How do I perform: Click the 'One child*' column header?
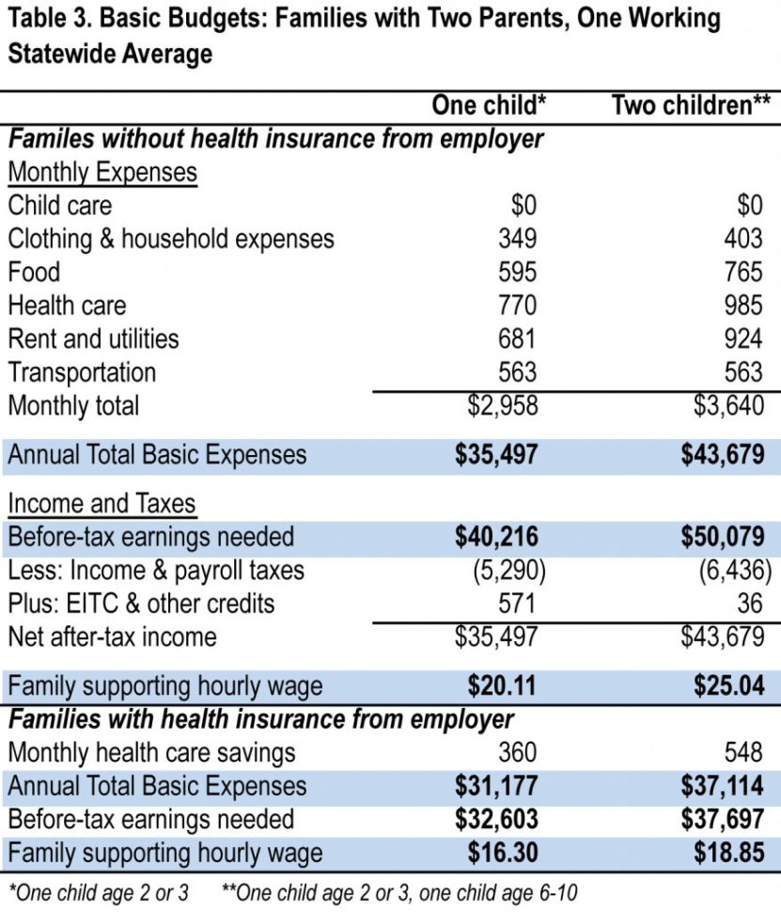[x=489, y=105]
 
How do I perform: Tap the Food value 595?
[x=518, y=273]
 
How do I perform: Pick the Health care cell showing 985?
[x=743, y=306]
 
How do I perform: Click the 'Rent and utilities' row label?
[x=93, y=338]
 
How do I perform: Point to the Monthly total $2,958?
[x=503, y=406]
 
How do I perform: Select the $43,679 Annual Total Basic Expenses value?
[x=723, y=455]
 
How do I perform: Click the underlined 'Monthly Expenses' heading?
[x=102, y=173]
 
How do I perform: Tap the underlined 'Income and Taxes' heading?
[x=102, y=504]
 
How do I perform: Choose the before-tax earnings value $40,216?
[x=496, y=537]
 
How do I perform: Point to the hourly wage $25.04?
[x=729, y=685]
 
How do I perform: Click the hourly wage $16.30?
[x=502, y=853]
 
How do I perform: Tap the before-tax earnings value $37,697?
[x=723, y=819]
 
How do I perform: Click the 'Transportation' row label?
[x=83, y=372]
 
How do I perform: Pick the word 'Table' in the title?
[x=38, y=18]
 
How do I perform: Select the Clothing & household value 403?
[x=743, y=239]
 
